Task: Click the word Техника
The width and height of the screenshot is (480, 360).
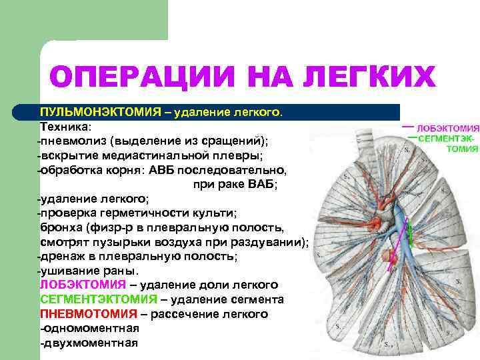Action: tap(67, 127)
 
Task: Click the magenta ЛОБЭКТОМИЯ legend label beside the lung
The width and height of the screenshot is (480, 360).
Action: tap(447, 127)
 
